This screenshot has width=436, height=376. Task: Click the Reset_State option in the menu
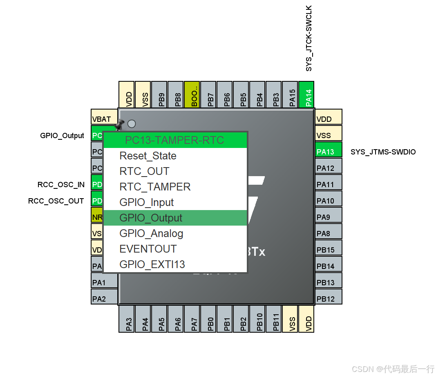[x=148, y=156]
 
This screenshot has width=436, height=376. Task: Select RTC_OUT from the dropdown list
[x=144, y=171]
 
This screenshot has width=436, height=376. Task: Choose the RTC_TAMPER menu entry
[x=155, y=187]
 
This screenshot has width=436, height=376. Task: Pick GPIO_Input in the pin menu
[x=146, y=202]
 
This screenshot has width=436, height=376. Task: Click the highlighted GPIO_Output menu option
[x=151, y=218]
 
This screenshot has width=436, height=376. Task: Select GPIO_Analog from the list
[x=151, y=233]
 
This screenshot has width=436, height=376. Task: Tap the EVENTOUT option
[x=148, y=249]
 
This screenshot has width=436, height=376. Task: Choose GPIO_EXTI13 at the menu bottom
[x=152, y=264]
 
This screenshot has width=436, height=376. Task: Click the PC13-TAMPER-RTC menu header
[x=175, y=140]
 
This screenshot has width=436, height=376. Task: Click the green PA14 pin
[x=306, y=94]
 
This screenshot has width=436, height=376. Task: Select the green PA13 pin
[x=328, y=152]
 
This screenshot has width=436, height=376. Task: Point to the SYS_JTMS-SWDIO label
[x=383, y=152]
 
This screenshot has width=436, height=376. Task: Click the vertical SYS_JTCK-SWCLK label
[x=309, y=38]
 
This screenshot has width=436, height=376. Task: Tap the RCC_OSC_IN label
[x=61, y=185]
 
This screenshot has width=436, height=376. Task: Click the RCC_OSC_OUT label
[x=56, y=201]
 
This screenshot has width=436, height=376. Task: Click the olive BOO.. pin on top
[x=192, y=94]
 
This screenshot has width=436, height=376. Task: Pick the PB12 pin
[x=328, y=299]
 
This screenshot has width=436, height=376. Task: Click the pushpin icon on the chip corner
[x=120, y=123]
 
